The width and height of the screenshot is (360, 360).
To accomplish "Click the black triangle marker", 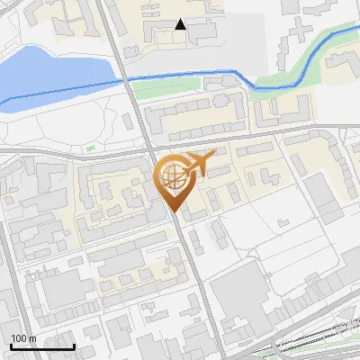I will coord(181,24).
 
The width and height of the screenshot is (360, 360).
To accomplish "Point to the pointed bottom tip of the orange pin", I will coord(174,213).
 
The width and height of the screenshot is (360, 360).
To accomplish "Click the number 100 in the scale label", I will coord(19,337).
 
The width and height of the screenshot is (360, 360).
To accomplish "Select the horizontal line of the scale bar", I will coord(42,346).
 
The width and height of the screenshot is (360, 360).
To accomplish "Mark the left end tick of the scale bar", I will coord(10,345).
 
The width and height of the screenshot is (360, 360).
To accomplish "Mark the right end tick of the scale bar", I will coord(75,345).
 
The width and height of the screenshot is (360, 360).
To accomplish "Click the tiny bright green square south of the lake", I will coord(89,148).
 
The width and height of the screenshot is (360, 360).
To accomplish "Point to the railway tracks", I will coord(315,337).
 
